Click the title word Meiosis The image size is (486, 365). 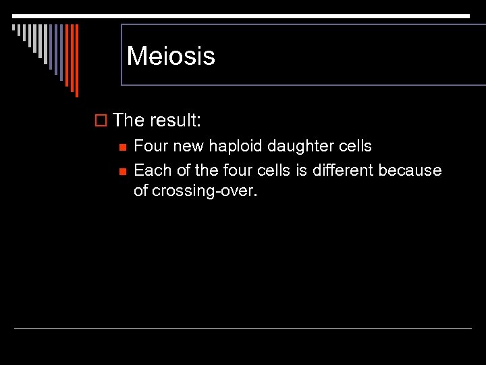pos(171,55)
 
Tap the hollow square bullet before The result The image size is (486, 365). pos(102,120)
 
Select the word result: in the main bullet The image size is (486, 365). pos(175,120)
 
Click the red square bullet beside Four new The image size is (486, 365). pos(122,147)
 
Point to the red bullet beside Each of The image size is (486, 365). pos(122,170)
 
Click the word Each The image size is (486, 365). pos(150,170)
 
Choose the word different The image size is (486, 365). pos(342,170)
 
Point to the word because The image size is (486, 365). pos(410,170)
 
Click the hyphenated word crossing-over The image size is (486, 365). pos(205,191)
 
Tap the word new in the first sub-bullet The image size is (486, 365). pos(189,147)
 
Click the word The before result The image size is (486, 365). pos(129,120)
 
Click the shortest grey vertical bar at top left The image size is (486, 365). pos(13,28)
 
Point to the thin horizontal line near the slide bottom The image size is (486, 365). pos(243,329)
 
